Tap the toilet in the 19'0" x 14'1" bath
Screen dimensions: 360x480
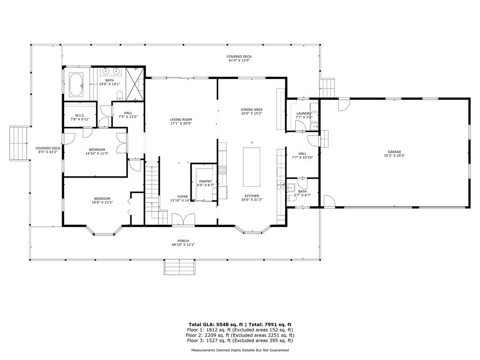click(120, 96)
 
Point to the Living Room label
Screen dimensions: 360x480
click(181, 120)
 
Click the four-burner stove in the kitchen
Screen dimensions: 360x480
click(222, 169)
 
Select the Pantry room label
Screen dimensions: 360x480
click(205, 181)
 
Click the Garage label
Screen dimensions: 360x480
click(394, 152)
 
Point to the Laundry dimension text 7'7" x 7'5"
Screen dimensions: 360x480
click(304, 117)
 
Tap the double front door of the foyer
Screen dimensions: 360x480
click(182, 219)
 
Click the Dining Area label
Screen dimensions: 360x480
click(251, 109)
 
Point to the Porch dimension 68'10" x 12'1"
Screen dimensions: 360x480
click(183, 244)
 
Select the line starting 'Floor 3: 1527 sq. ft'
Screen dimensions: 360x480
click(240, 341)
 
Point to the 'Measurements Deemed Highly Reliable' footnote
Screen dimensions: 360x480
click(240, 350)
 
